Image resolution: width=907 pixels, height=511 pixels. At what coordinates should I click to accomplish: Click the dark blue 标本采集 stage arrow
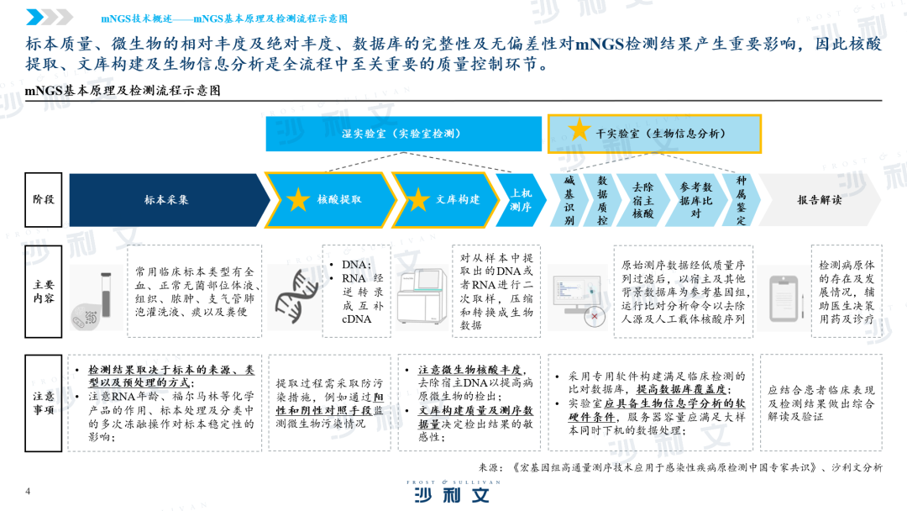point(168,200)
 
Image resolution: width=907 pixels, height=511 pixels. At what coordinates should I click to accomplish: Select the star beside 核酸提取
point(298,200)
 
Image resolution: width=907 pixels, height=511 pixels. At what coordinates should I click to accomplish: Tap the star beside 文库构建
point(417,200)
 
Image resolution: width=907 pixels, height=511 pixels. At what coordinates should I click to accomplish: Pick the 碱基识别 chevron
point(568,200)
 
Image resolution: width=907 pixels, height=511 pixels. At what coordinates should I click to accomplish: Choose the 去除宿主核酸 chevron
point(642,200)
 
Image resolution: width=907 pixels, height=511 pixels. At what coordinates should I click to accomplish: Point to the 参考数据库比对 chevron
point(695,200)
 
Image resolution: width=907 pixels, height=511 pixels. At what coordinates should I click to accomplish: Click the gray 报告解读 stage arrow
point(819,200)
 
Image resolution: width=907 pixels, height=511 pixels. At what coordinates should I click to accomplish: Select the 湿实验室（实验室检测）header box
point(404,134)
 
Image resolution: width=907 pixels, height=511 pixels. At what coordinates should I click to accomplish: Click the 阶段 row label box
point(44,200)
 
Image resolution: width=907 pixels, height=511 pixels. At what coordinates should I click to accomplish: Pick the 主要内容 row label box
point(44,291)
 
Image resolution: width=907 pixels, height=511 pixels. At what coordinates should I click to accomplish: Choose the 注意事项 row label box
point(44,403)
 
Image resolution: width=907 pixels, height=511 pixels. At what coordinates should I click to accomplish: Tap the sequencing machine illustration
point(422,297)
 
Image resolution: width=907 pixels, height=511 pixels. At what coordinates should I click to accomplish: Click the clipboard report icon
point(784,298)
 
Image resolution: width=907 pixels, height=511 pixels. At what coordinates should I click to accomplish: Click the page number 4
point(28,492)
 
